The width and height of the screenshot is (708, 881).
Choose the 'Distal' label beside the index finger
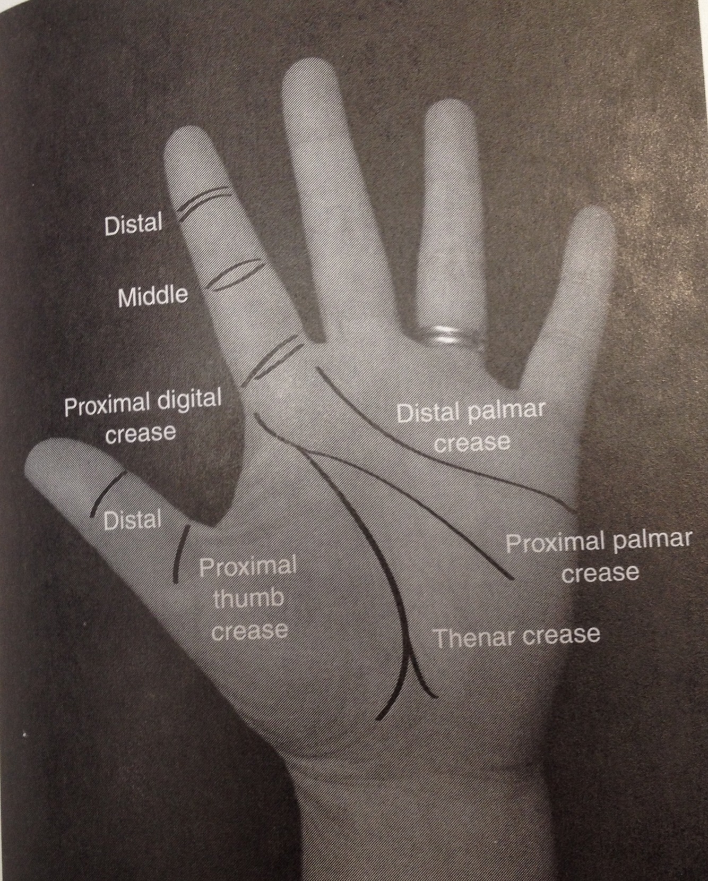point(133,224)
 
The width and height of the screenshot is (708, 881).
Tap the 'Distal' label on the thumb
point(132,519)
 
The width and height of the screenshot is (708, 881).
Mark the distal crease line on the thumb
point(108,492)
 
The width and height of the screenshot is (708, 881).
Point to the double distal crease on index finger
point(205,201)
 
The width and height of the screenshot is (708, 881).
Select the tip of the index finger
point(186,139)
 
